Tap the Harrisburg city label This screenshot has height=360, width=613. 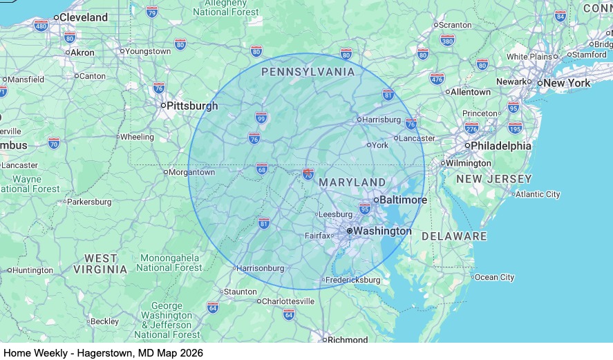click(x=381, y=120)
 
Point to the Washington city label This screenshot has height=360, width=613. click(x=382, y=231)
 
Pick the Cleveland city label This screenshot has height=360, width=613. click(x=84, y=17)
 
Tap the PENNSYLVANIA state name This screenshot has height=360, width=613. click(x=308, y=72)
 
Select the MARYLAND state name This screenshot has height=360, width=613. click(x=352, y=182)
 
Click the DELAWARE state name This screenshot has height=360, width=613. click(x=454, y=236)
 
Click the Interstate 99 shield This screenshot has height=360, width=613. click(x=261, y=118)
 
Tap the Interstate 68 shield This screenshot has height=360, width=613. click(x=261, y=169)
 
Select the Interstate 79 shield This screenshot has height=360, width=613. click(x=152, y=12)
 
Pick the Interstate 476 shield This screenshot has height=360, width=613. click(x=437, y=79)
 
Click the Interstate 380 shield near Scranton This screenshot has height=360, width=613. click(x=447, y=41)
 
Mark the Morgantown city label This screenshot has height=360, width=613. click(x=192, y=172)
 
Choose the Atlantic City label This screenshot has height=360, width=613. click(x=538, y=194)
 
